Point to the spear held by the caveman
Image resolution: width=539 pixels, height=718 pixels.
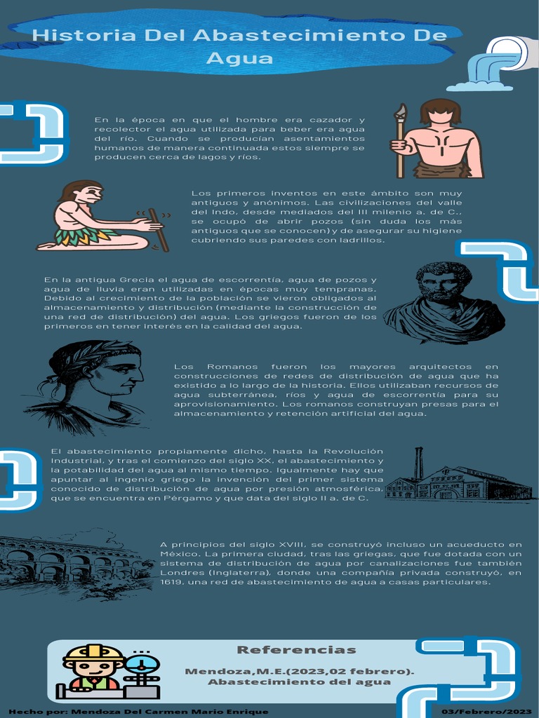point(400,140)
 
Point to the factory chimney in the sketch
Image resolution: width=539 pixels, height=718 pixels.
point(418,463)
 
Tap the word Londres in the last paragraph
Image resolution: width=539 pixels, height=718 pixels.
point(178,572)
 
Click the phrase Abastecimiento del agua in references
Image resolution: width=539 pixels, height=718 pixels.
point(299,682)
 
